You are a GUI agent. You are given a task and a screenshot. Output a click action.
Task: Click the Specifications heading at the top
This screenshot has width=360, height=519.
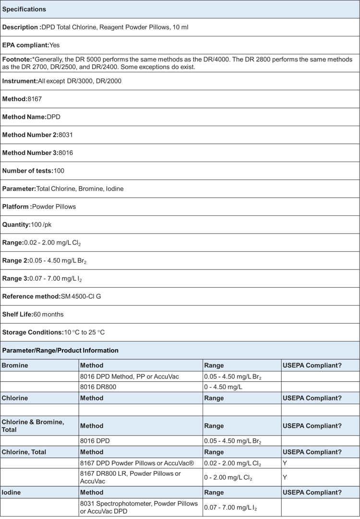click(24, 9)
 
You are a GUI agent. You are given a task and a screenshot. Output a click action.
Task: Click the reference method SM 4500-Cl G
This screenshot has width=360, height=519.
click(81, 296)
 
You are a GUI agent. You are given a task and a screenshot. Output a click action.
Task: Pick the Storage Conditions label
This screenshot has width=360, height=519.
click(32, 332)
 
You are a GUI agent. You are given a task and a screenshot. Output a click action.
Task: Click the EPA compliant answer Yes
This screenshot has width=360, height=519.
click(55, 45)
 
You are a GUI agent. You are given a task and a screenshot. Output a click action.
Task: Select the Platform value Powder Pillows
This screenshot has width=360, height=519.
click(54, 207)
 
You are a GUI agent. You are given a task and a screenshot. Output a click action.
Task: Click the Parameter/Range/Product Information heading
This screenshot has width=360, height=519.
click(60, 350)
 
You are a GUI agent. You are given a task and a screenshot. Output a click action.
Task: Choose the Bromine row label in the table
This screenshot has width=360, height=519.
click(15, 366)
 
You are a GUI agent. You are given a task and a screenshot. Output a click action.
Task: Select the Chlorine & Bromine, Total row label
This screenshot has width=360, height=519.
click(33, 425)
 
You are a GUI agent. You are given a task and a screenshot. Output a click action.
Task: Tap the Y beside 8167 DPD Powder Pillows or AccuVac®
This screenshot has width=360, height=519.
click(285, 463)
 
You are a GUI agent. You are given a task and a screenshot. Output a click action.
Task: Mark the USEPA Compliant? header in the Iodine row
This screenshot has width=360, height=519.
click(312, 492)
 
